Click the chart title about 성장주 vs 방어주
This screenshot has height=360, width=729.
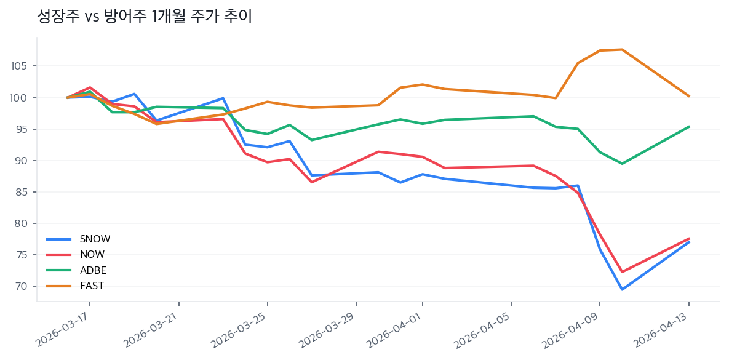click(145, 17)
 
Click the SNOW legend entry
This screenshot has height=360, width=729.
click(95, 239)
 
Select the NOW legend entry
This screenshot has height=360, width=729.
click(92, 255)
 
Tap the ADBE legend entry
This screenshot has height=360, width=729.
click(93, 270)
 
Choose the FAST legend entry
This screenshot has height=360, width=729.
click(92, 286)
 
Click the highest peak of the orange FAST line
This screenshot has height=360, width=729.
click(622, 49)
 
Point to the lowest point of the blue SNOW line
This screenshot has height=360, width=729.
click(622, 289)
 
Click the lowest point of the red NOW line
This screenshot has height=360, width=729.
click(622, 272)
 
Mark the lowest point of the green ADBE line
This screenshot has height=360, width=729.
click(622, 164)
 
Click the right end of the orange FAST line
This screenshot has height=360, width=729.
click(689, 96)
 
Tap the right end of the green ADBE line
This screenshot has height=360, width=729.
click(689, 127)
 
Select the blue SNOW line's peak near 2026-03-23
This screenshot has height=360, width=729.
click(223, 98)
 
